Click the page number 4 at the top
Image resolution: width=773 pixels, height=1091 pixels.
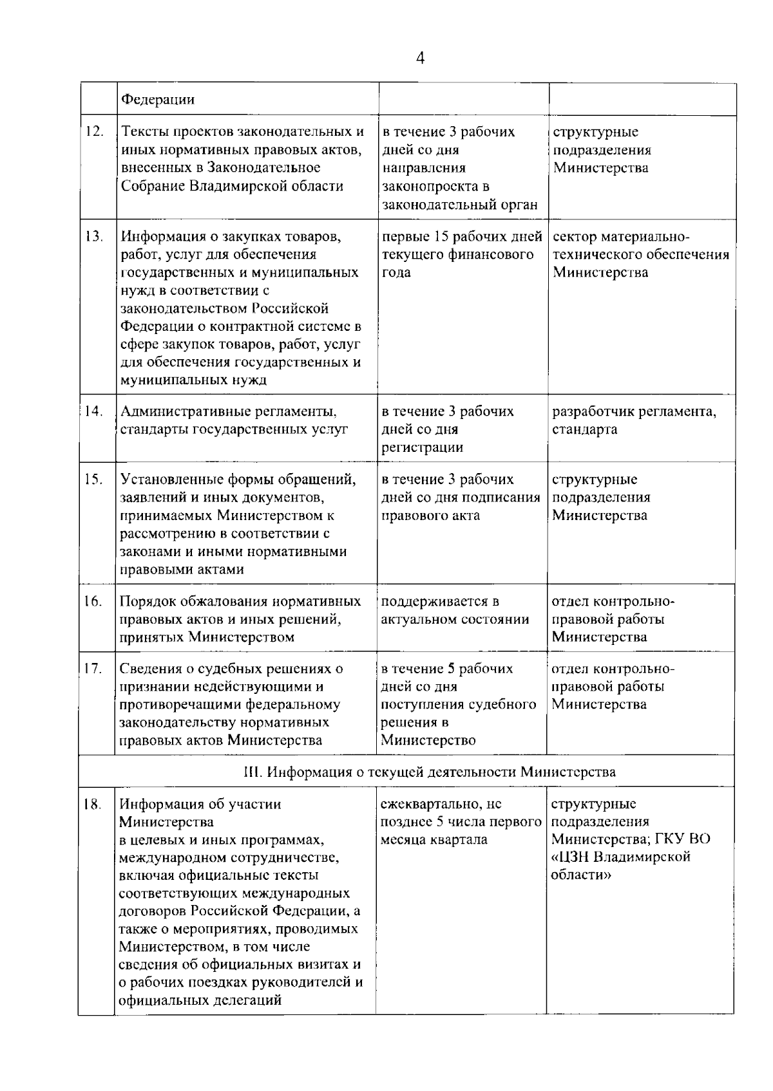click(x=421, y=59)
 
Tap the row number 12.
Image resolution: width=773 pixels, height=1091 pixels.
click(x=95, y=131)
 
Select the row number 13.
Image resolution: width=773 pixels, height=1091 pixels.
click(x=95, y=236)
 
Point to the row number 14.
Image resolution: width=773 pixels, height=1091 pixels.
click(x=95, y=411)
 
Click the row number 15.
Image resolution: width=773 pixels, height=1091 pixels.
click(x=95, y=479)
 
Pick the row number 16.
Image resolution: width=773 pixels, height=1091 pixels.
click(x=94, y=601)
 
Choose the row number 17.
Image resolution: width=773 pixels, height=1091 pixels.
click(x=94, y=668)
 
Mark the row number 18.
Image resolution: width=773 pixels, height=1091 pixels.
click(x=94, y=804)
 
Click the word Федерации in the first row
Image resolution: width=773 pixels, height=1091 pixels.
click(x=158, y=100)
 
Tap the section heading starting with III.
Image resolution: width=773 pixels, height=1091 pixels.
click(x=430, y=771)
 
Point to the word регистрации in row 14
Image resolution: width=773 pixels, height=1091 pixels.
click(x=422, y=447)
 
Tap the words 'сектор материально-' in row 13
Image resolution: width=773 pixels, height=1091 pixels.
click(x=621, y=236)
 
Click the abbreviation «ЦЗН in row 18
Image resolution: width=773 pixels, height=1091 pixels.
click(x=570, y=857)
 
